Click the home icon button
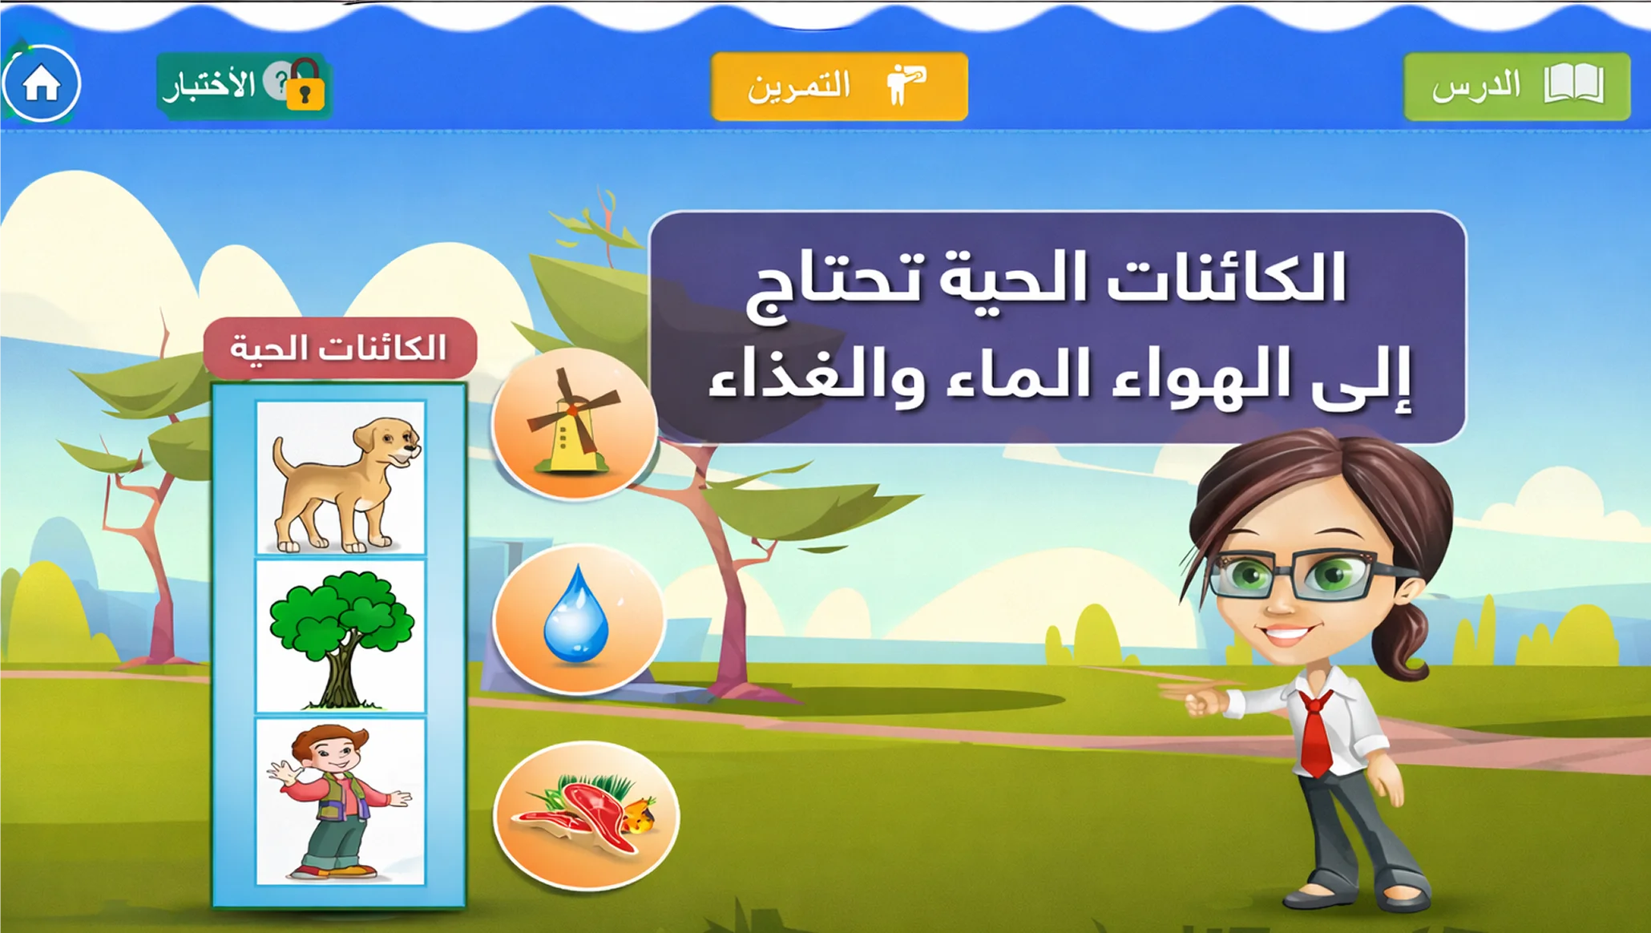click(41, 83)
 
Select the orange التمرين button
click(839, 87)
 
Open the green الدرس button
click(1516, 87)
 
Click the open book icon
click(1574, 84)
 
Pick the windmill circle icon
click(574, 423)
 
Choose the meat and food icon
click(586, 815)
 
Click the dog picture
click(341, 477)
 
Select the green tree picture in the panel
click(341, 637)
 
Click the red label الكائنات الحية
click(340, 348)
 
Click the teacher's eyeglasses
click(1306, 576)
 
